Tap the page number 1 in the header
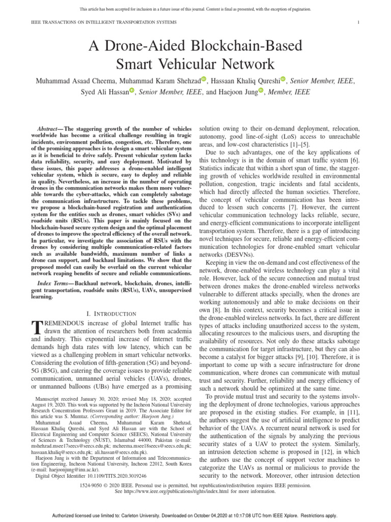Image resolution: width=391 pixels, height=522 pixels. [359, 22]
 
